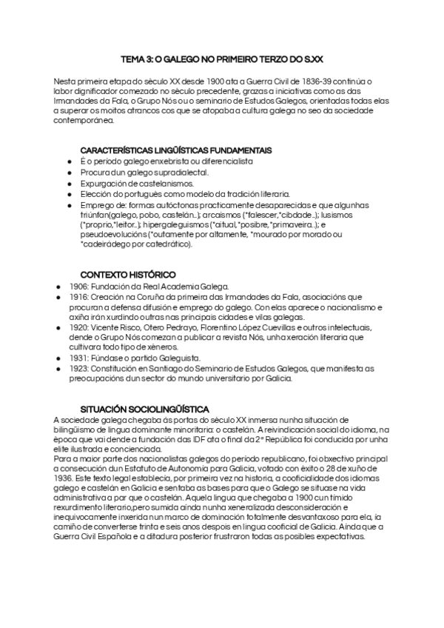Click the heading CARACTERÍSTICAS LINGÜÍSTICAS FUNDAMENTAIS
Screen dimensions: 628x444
pyautogui.click(x=175, y=150)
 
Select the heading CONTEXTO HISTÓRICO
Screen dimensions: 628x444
pyautogui.click(x=128, y=273)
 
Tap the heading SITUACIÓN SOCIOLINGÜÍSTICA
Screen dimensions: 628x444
pyautogui.click(x=144, y=409)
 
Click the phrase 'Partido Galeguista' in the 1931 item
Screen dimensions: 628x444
pyautogui.click(x=148, y=357)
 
